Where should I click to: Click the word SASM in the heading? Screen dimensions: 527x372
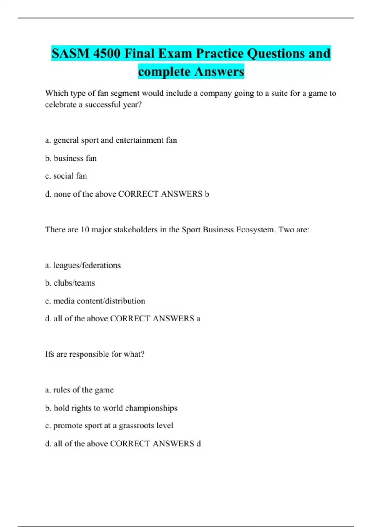(x=70, y=54)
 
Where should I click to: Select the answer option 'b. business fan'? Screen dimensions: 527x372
(x=71, y=158)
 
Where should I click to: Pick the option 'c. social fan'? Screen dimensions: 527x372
(x=66, y=176)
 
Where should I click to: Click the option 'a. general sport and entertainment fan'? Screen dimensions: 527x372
(x=111, y=140)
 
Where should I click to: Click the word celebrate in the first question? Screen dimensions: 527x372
(x=60, y=104)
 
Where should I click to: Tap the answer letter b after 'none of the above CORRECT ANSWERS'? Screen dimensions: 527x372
(x=207, y=194)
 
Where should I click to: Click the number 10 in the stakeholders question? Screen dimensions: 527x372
(x=85, y=230)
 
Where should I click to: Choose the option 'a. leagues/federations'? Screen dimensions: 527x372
(x=83, y=265)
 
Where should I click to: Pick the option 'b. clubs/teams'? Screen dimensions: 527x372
(x=70, y=283)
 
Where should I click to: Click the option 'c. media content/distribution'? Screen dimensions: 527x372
(x=95, y=301)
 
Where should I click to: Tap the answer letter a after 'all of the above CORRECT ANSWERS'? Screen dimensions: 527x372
(x=198, y=319)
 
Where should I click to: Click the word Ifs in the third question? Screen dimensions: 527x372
(x=50, y=354)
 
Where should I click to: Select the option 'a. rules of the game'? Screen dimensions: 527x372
(x=79, y=390)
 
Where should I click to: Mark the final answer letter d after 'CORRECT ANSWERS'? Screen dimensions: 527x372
(x=198, y=444)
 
